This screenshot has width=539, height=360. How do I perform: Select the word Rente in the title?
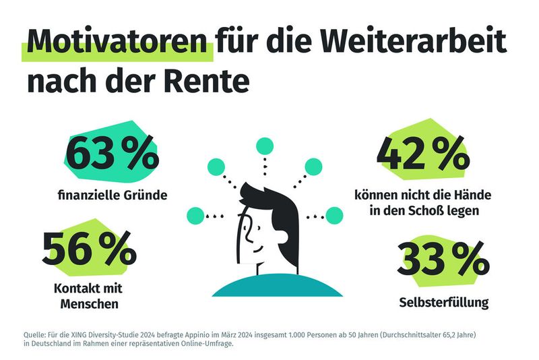211,82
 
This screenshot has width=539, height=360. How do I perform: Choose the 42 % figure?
422,154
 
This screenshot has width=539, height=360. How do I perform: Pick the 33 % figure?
443,260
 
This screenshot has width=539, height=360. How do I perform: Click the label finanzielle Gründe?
112,196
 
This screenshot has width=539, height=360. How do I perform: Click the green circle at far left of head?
195,216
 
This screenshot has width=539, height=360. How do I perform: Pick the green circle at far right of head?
334,216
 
